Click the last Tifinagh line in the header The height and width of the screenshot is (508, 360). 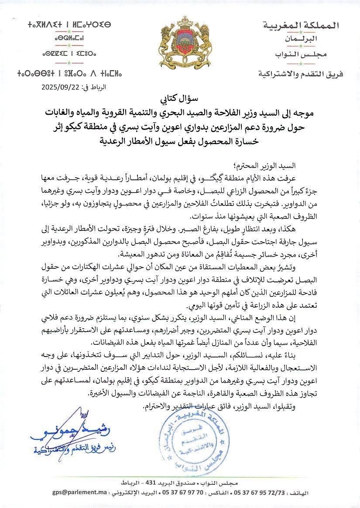pyautogui.click(x=64, y=72)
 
